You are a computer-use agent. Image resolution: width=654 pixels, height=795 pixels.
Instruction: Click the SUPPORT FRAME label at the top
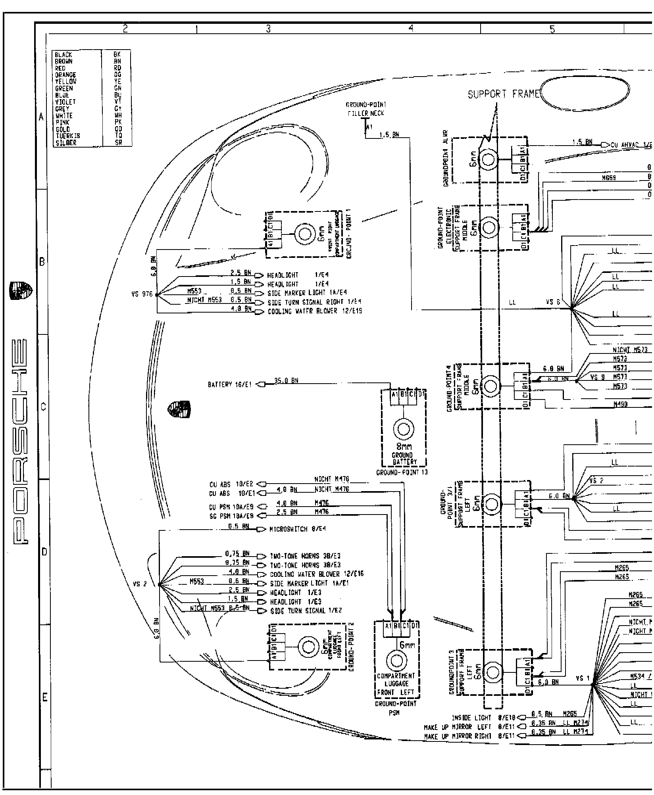point(504,94)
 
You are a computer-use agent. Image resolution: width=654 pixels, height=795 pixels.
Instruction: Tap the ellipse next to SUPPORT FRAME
point(585,94)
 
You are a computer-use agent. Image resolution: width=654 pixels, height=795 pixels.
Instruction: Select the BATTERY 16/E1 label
point(230,384)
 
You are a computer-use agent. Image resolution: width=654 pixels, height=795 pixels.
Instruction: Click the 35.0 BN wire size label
point(286,381)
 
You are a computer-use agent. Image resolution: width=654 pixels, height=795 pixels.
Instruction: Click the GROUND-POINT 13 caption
point(402,472)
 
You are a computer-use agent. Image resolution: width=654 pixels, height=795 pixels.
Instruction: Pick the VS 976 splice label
point(142,294)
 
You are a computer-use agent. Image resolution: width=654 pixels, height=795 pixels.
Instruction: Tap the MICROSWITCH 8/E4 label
point(298,529)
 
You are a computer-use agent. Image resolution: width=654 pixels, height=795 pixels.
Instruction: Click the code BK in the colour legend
point(117,55)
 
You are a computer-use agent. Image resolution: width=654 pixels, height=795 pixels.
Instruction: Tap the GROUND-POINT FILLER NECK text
point(365,109)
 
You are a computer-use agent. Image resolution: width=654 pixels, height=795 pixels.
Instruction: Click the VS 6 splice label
point(553,302)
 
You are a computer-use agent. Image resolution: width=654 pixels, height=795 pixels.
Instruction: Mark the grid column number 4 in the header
point(411,28)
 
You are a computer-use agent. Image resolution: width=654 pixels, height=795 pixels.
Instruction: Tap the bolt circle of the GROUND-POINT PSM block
point(396,661)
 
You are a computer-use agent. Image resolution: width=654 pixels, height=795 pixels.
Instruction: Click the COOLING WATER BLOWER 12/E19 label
point(315,311)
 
